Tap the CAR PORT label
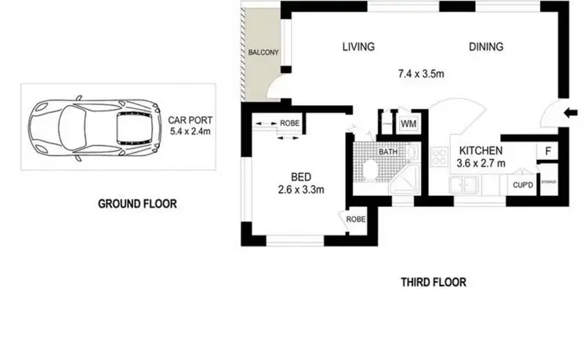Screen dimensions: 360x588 click(x=190, y=121)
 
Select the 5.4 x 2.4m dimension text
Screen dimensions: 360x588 click(x=190, y=133)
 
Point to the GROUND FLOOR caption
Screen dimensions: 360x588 click(x=137, y=204)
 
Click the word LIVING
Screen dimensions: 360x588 click(x=358, y=47)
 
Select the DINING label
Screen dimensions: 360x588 click(x=486, y=47)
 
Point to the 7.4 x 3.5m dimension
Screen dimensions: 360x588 click(x=423, y=75)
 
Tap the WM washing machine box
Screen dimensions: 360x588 click(x=408, y=124)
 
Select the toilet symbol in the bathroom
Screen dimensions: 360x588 click(x=368, y=168)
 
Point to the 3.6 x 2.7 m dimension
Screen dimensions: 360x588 click(x=481, y=163)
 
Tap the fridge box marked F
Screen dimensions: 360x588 click(x=546, y=151)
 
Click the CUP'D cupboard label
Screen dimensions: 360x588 click(x=523, y=185)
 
